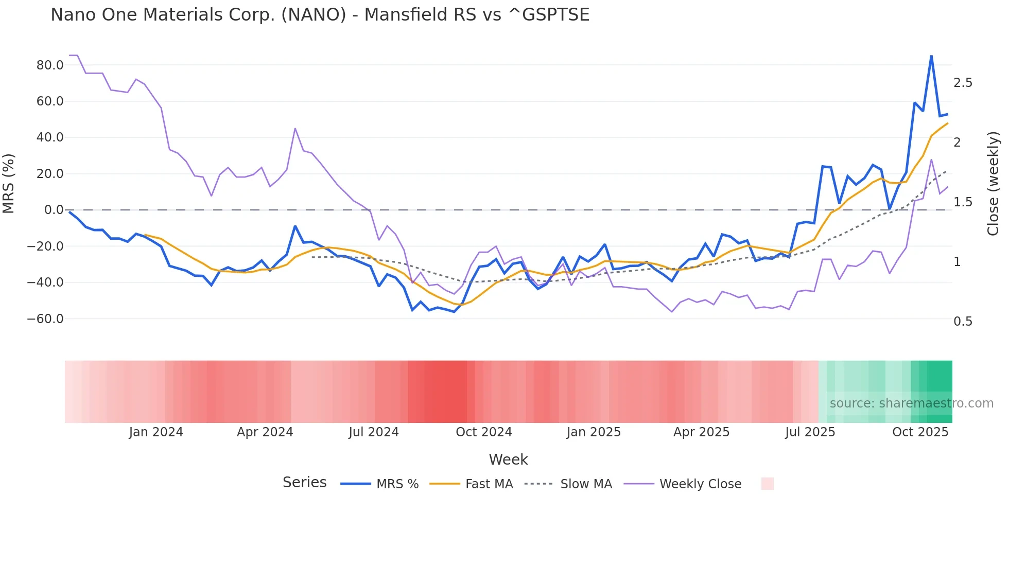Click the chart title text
pos(320,15)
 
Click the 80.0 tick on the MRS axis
pos(50,65)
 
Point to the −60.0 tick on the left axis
pos(45,319)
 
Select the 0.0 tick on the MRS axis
pos(54,210)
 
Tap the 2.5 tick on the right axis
pos(963,83)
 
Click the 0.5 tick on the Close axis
pos(963,322)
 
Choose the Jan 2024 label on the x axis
pos(156,432)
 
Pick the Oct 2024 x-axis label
pos(484,432)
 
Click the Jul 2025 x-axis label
pos(810,432)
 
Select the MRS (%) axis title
pos(9,183)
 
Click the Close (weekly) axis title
pos(993,184)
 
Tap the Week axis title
pos(508,459)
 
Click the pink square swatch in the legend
pos(767,484)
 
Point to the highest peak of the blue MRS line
pos(931,56)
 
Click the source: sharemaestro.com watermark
pos(911,403)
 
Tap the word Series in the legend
pos(304,483)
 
